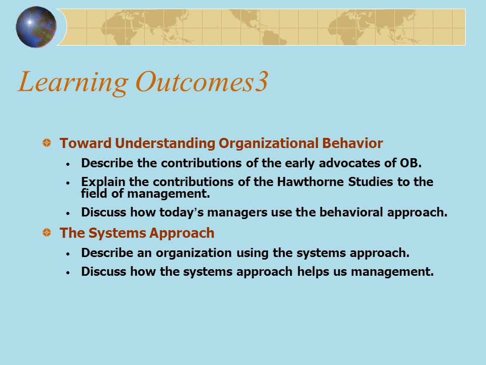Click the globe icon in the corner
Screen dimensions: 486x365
[x=36, y=27]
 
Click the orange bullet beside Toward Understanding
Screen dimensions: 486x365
[x=47, y=143]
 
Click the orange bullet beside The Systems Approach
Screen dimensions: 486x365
[x=47, y=232]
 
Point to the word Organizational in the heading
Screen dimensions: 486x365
[x=268, y=143]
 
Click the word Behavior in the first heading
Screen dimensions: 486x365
[x=352, y=143]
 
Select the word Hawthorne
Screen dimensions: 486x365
[x=310, y=181]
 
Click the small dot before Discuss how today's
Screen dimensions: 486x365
[x=68, y=213]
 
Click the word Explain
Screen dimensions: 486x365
[x=103, y=182]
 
